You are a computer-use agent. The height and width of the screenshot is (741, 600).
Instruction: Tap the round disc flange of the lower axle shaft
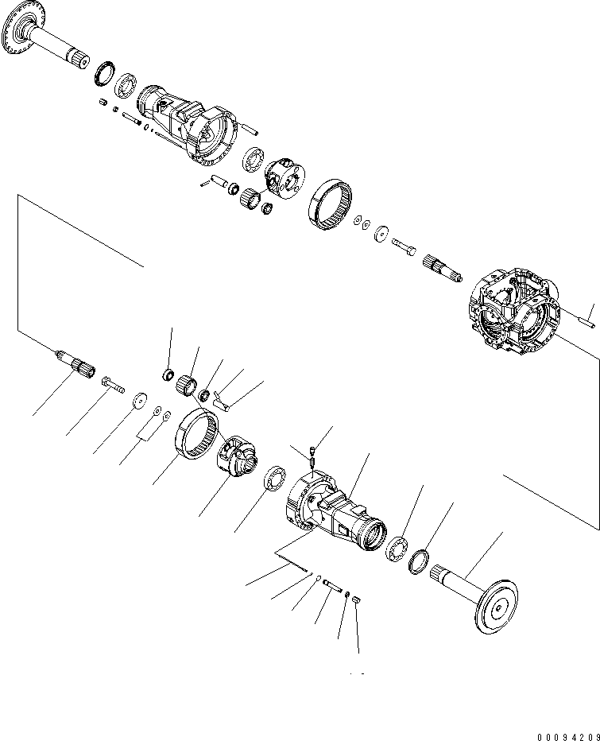pyautogui.click(x=494, y=607)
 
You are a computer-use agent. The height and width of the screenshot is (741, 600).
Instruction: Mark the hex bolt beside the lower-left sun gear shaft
pyautogui.click(x=113, y=386)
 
